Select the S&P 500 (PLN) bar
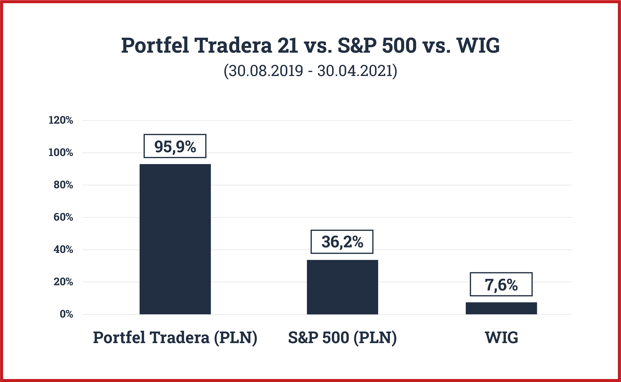[342, 287]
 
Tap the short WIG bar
[501, 308]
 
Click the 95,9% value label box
[175, 146]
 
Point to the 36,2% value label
[342, 242]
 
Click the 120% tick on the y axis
[61, 120]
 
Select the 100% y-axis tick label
[61, 153]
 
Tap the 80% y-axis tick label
[63, 185]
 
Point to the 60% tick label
[63, 217]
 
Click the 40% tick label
[63, 250]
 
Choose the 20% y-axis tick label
[63, 282]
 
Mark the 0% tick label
[66, 314]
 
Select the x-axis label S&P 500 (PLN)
[342, 338]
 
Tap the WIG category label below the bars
[501, 338]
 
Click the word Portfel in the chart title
[155, 46]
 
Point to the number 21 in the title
[288, 46]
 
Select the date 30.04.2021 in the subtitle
[355, 71]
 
